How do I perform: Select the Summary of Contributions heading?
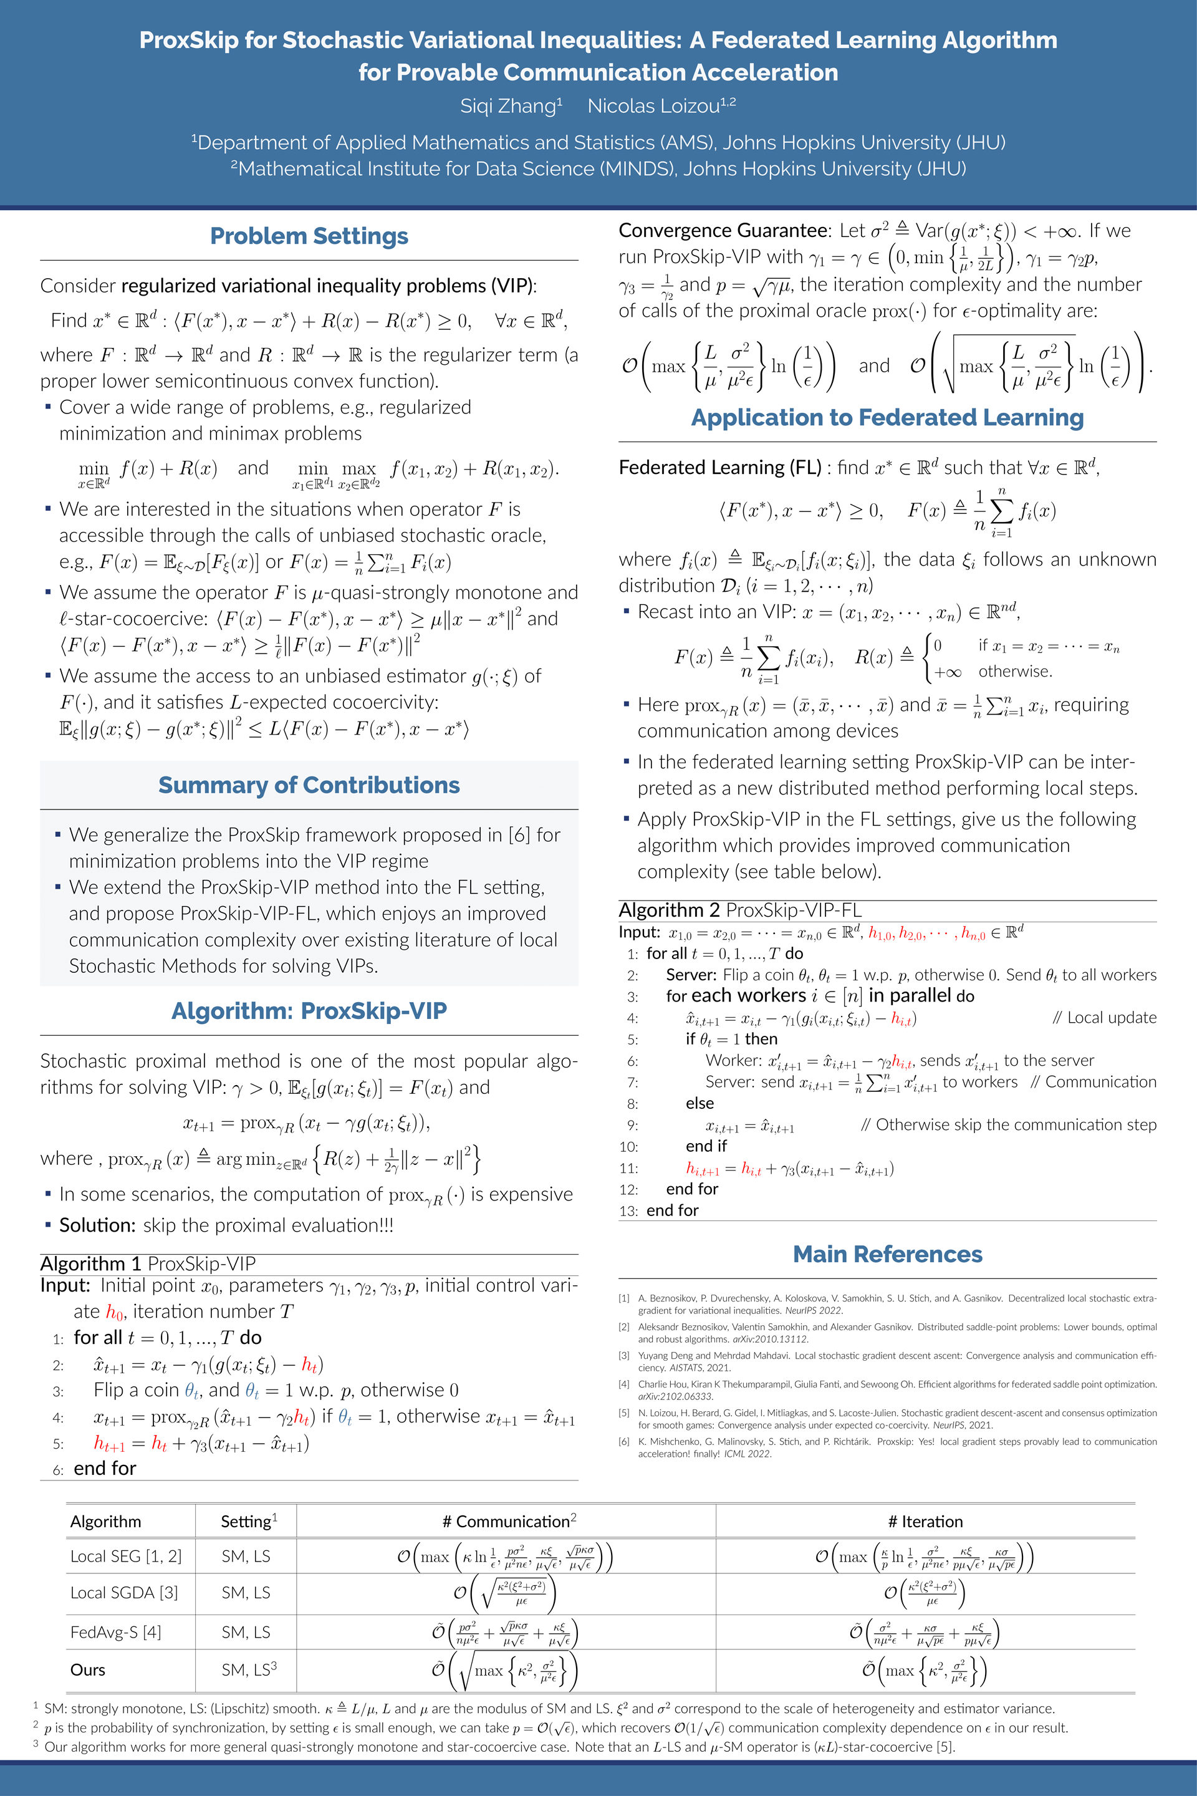click(309, 785)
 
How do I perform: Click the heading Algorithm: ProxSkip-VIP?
click(309, 1010)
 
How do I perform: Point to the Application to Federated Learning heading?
click(887, 418)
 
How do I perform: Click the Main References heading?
click(887, 1254)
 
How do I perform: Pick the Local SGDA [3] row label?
click(123, 1592)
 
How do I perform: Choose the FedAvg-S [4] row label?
click(115, 1632)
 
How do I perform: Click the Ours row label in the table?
click(88, 1670)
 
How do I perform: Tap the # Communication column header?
click(509, 1521)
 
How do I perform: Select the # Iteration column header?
click(925, 1521)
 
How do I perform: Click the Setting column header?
click(248, 1521)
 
